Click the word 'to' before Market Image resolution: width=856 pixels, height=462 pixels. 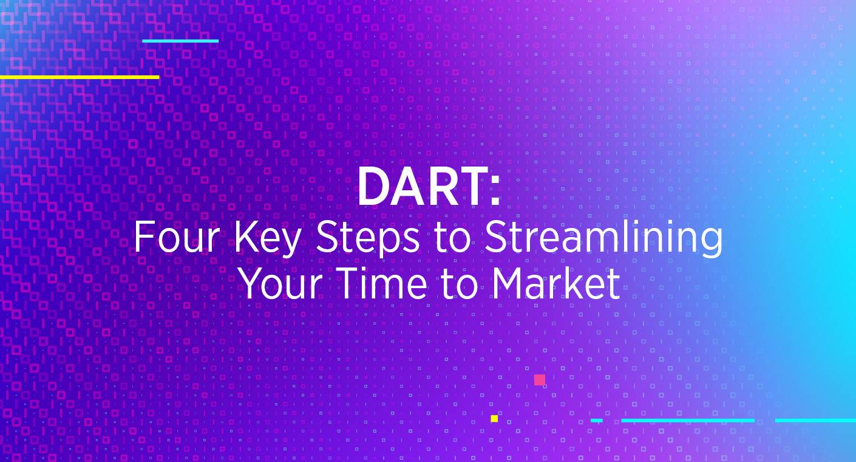(460, 284)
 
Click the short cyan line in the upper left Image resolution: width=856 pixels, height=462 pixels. (180, 41)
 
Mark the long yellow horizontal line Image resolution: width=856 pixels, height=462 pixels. (80, 77)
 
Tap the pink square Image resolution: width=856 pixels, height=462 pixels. (539, 380)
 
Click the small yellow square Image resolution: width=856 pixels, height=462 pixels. (494, 419)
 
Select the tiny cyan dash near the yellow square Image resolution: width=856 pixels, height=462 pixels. (597, 420)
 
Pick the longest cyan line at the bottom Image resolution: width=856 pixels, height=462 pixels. (688, 420)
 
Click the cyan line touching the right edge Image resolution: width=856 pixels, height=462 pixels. (815, 420)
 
